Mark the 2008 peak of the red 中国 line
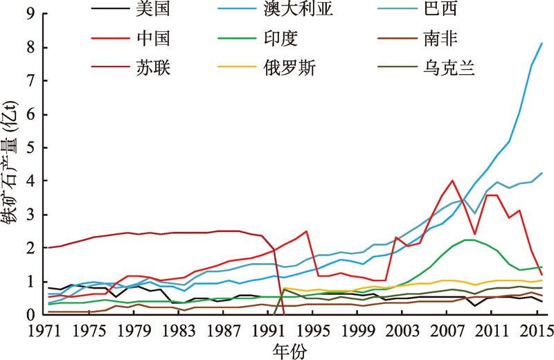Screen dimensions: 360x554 tap(452, 181)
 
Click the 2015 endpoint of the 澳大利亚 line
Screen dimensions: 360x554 tap(542, 43)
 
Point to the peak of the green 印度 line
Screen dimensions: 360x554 tap(469, 240)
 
